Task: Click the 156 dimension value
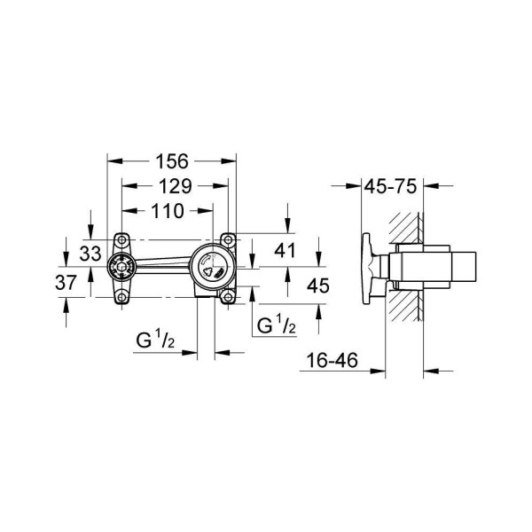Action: click(x=172, y=161)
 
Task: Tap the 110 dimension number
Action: click(x=167, y=211)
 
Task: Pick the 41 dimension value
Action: click(x=285, y=251)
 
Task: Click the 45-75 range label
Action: click(x=393, y=186)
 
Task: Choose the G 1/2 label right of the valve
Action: click(x=276, y=325)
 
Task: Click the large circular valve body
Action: click(x=211, y=267)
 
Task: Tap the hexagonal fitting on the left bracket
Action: click(x=120, y=267)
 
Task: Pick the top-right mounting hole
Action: click(x=229, y=239)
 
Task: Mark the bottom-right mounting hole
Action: click(x=229, y=296)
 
